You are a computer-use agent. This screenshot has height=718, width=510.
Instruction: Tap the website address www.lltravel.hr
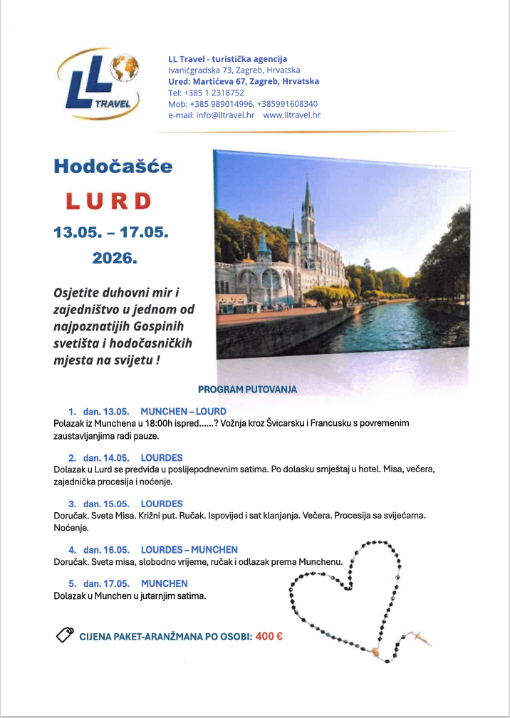point(291,115)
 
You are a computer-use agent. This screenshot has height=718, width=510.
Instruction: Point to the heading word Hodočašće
point(113,167)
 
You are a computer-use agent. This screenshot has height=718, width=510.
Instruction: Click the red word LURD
point(108,202)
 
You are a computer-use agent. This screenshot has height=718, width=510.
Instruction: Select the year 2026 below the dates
point(114,258)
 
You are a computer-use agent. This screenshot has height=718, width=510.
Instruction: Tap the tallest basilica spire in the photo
point(308,207)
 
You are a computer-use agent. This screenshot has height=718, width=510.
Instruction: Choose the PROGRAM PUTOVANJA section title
point(247,390)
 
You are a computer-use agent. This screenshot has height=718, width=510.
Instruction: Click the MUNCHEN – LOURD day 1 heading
point(183,412)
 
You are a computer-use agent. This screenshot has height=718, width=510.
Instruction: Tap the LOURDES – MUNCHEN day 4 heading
point(189,550)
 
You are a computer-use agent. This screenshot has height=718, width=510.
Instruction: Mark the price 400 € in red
point(269,636)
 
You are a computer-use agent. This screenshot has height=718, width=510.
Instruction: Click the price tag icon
point(66,635)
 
